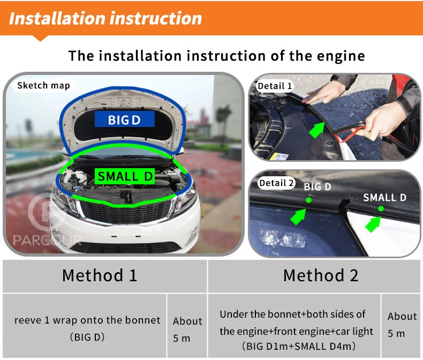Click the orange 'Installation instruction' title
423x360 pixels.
click(105, 18)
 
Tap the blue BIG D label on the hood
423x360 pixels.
click(124, 119)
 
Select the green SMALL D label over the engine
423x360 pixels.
click(125, 176)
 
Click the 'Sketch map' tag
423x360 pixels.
click(43, 86)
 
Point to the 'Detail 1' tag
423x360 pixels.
click(275, 86)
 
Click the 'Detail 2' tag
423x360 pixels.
click(276, 183)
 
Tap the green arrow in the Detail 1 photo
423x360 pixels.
click(317, 129)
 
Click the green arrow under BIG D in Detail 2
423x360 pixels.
click(298, 217)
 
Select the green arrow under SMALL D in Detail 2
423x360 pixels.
click(373, 224)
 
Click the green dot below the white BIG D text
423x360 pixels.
click(308, 200)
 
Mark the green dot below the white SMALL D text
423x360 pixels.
click(381, 208)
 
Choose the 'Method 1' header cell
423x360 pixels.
click(104, 276)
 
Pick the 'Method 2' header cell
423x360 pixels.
click(314, 276)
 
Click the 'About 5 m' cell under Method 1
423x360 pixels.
click(187, 326)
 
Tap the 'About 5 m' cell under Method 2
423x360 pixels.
click(401, 326)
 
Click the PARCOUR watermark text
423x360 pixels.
click(47, 240)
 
